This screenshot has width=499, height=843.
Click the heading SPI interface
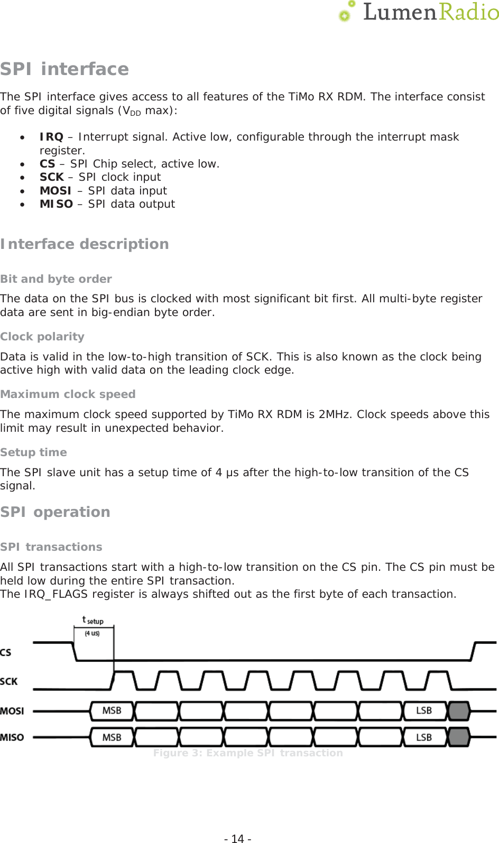pos(64,69)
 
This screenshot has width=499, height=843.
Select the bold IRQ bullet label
pos(51,137)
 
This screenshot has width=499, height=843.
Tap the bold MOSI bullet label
pos(56,191)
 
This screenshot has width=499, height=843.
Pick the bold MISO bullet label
pos(56,204)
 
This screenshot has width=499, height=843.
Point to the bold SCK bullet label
pos(52,177)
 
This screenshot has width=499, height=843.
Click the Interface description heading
pos(85,244)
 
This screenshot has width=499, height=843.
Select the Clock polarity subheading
pos(42,337)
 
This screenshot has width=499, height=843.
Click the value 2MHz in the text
pos(334,414)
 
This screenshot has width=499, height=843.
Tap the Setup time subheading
pos(33,452)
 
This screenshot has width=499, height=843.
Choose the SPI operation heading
pos(55,512)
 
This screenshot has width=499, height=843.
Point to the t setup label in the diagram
pos(93,620)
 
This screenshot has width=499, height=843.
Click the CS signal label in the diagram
pos(6,653)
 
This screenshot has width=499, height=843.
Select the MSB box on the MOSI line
pos(112,711)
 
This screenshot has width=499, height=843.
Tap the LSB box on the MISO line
pos(424,737)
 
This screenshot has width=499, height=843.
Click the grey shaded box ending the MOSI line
pos(459,711)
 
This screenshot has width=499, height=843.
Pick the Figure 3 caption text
pos(248,753)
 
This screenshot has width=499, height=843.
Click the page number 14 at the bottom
pos(238,838)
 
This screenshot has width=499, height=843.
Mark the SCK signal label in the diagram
pos(9,682)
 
